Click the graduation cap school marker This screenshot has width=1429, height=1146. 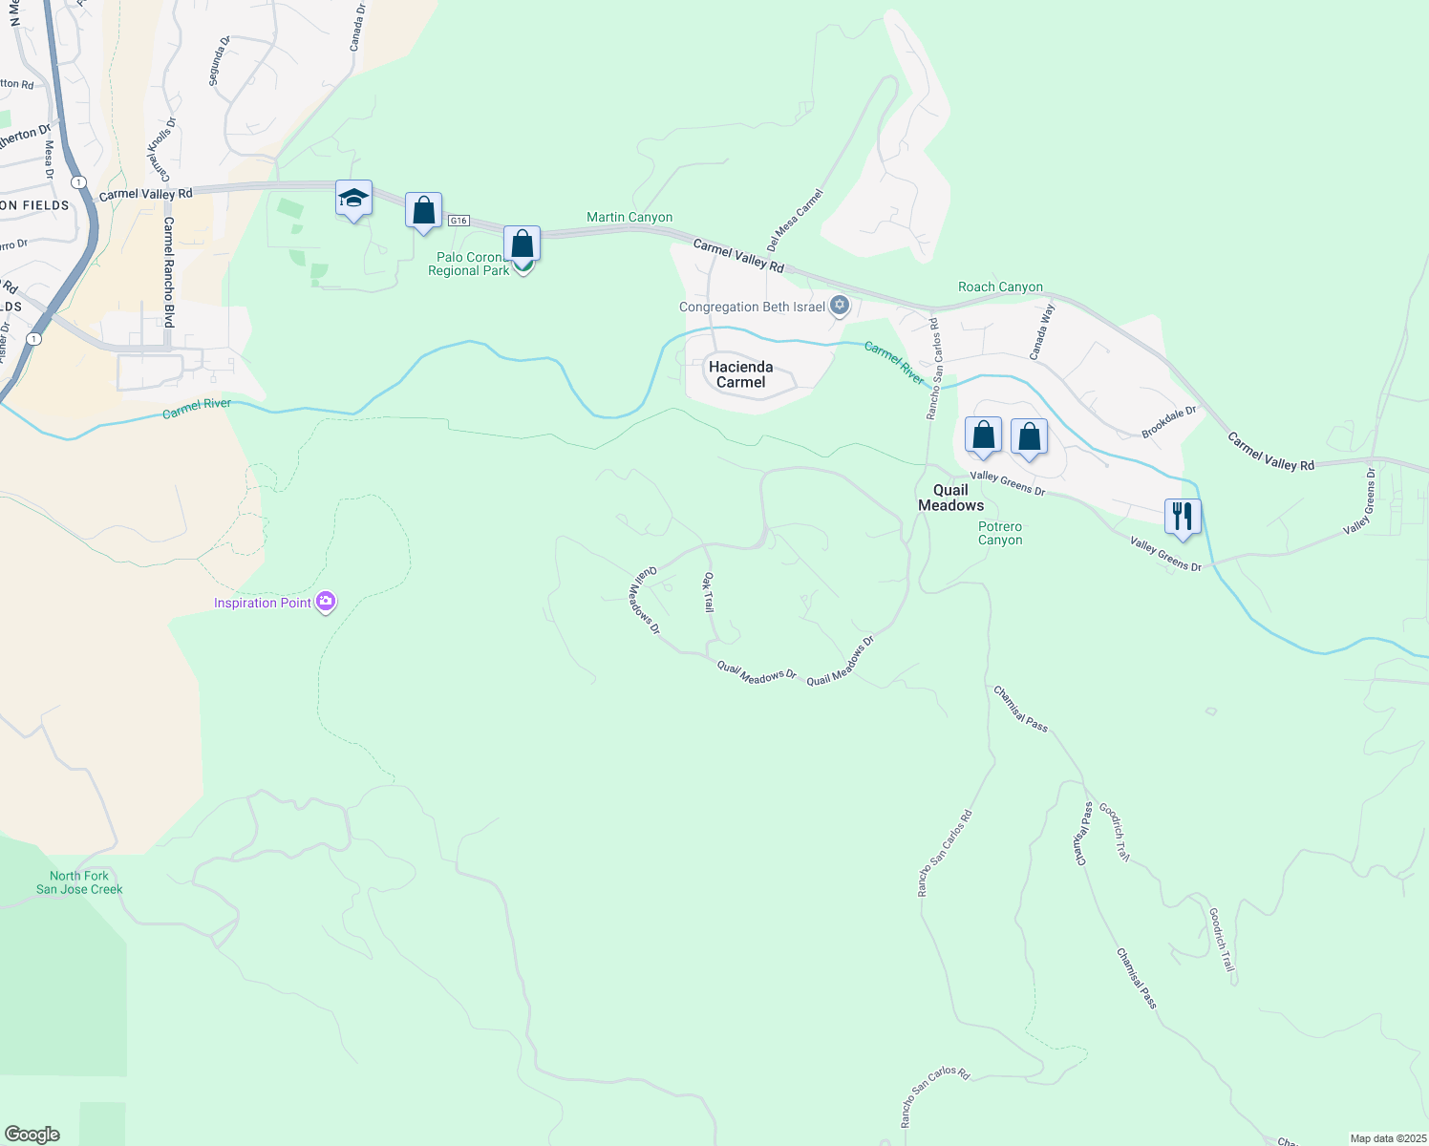[353, 200]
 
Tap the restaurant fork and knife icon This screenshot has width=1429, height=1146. [1183, 517]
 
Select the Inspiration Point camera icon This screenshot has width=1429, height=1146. [326, 602]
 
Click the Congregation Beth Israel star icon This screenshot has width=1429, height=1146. [840, 306]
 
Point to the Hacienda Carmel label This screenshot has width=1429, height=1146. [740, 374]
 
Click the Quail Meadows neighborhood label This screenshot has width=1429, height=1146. [950, 498]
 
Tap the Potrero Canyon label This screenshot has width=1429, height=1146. [1000, 533]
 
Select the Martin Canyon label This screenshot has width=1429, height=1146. [629, 217]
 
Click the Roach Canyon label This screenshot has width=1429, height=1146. [1000, 286]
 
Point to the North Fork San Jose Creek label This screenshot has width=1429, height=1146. [79, 882]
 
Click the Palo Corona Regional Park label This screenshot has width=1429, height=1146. [468, 265]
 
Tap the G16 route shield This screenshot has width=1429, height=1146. [459, 221]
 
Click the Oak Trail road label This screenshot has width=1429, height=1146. [709, 592]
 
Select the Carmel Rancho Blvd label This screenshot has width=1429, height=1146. [168, 272]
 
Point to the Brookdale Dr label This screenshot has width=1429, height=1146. [1169, 422]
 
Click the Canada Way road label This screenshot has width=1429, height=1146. [1041, 331]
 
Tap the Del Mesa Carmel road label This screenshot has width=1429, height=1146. [795, 220]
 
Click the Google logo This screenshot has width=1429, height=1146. [32, 1134]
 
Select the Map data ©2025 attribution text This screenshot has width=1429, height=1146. [1387, 1138]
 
